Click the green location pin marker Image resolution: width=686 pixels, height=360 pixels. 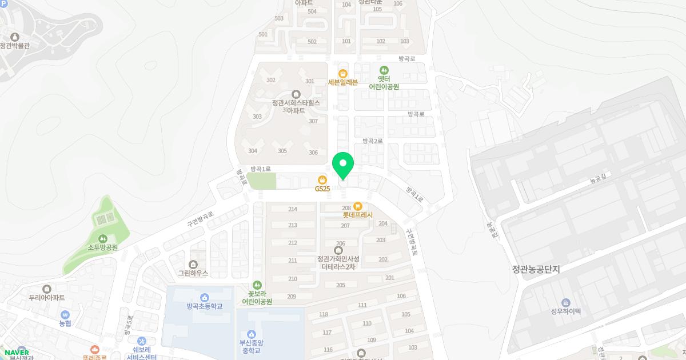pos(343,165)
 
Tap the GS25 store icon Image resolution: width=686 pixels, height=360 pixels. pos(322,180)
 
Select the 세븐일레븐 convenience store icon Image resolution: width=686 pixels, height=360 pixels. pos(342,73)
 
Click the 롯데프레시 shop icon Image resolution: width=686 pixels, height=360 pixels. pos(358,206)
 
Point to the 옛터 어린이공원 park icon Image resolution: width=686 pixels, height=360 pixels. pos(384,70)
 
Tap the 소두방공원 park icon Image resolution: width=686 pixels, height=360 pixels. pos(102,238)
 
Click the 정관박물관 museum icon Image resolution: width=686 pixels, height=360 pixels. pos(15,37)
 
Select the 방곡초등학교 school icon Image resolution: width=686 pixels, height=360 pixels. pos(204,297)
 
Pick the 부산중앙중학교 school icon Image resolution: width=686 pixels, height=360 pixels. pos(251,334)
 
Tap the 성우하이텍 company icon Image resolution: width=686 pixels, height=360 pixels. pos(566,302)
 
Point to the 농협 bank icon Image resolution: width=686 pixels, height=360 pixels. pos(65,314)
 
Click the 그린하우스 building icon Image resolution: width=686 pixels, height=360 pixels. pos(193,264)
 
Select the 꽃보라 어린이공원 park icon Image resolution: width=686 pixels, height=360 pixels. pos(257,284)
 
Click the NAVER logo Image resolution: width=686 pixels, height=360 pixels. pos(16,352)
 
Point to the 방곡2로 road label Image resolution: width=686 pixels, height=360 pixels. pos(372,141)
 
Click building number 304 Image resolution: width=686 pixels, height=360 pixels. pos(253,151)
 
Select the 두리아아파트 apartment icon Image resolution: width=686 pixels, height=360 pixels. pos(46,289)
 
